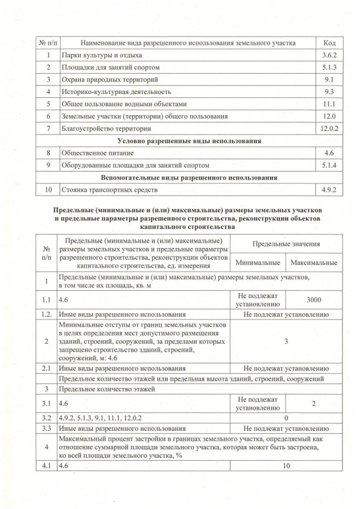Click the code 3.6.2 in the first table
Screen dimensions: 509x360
click(x=329, y=56)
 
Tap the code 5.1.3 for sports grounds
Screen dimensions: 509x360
click(x=329, y=67)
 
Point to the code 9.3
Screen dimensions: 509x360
click(x=329, y=91)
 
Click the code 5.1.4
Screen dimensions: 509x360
click(x=329, y=165)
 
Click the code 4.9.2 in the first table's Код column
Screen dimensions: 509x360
click(x=329, y=190)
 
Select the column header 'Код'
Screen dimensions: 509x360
click(x=329, y=43)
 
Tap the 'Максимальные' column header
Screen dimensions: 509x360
click(x=313, y=263)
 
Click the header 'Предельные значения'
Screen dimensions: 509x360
click(x=286, y=244)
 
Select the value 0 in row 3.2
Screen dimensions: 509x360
click(x=286, y=418)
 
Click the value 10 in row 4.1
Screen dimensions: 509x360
click(x=286, y=466)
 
